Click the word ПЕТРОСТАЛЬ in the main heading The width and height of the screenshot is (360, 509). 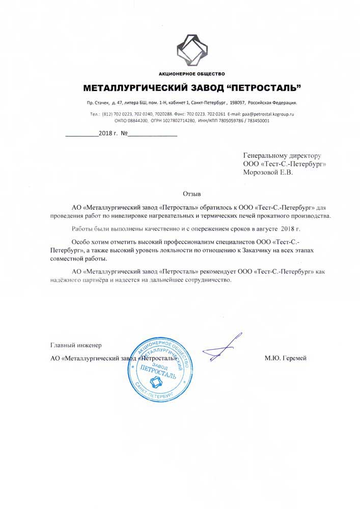(x=260, y=88)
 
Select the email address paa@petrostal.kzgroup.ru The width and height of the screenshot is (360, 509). (x=267, y=115)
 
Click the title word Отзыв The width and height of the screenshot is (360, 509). (x=192, y=194)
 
